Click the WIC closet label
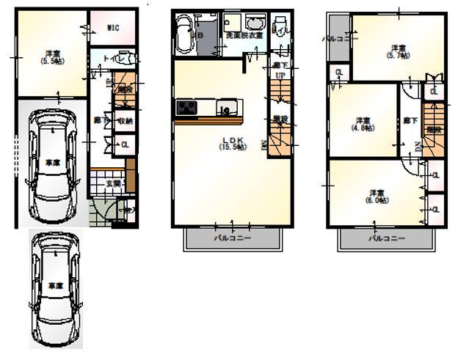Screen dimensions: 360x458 (x=112, y=27)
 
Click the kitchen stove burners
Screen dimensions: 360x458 (x=186, y=109)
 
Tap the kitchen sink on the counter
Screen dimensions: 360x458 (x=226, y=109)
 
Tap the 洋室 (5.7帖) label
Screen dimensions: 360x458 (x=399, y=51)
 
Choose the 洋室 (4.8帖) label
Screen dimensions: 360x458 (x=362, y=123)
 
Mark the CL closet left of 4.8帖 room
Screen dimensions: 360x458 (x=338, y=73)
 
